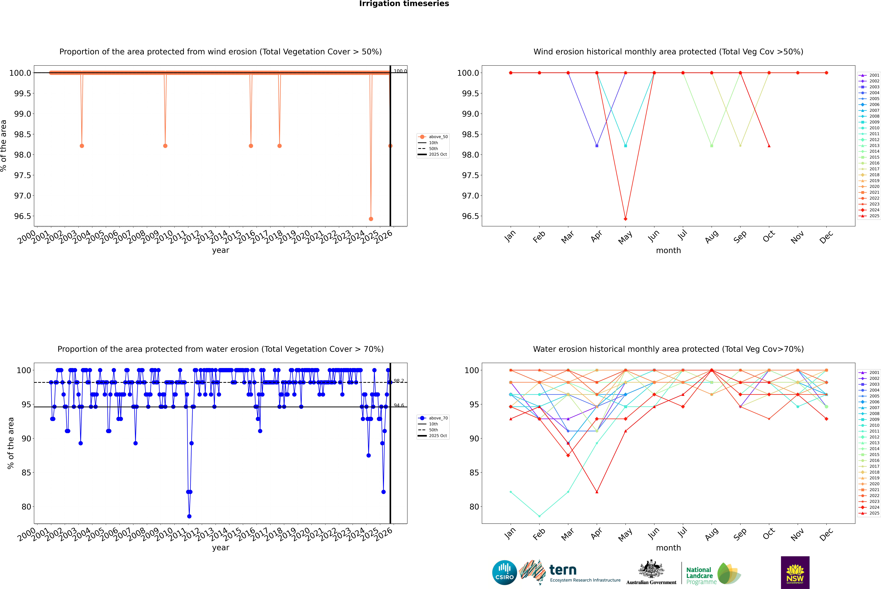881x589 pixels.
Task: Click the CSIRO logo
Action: (x=504, y=572)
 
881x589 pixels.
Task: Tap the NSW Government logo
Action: (x=795, y=572)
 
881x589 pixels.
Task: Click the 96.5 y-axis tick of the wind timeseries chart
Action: (x=23, y=216)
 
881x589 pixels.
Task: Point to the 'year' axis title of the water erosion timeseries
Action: (x=220, y=548)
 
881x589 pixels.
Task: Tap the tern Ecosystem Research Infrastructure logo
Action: (x=571, y=572)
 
